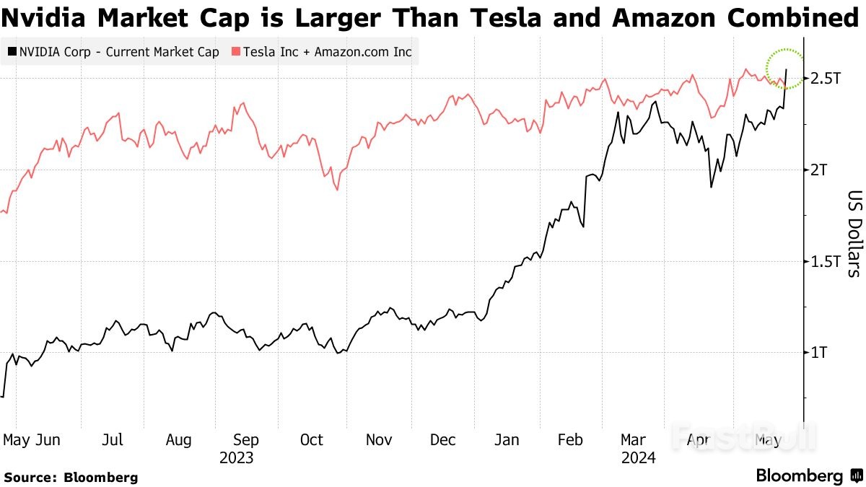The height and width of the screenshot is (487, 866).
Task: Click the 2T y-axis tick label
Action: pos(821,170)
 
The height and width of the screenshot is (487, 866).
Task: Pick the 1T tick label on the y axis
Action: pos(821,352)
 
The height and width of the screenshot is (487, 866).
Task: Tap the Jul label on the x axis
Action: pos(113,440)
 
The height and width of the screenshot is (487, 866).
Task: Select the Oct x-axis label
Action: pos(312,440)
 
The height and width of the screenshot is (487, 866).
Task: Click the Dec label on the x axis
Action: pos(442,440)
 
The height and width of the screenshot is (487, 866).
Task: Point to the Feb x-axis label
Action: pos(572,440)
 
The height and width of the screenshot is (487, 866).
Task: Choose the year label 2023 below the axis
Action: pos(237,457)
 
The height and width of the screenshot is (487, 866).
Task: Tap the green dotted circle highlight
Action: pos(784,69)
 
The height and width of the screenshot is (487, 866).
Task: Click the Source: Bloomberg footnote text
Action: pos(71,477)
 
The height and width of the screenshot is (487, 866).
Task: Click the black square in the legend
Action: pos(12,52)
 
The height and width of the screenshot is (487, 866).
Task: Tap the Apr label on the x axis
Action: pos(698,440)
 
